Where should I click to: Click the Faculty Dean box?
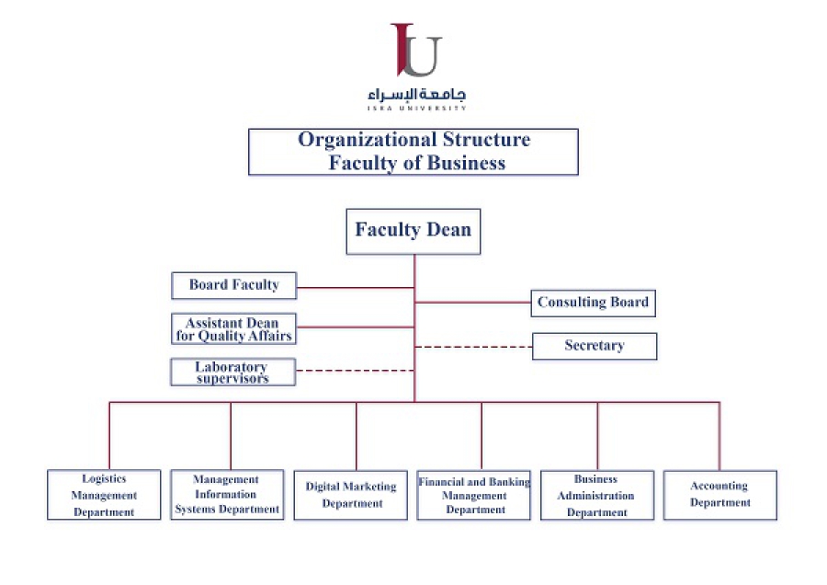413,231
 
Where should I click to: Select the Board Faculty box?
233,285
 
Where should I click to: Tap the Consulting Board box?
593,303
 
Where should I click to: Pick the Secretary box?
594,346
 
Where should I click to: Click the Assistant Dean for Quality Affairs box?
233,329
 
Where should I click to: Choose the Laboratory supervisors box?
232,373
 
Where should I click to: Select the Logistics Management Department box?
104,495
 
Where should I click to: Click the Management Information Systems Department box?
227,495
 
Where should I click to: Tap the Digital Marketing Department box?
351,495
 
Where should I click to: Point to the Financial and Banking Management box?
474,495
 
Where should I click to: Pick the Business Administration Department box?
597,495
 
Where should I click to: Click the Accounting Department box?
719,495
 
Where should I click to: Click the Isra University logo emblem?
416,51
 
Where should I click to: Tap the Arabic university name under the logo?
416,95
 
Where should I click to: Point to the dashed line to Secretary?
473,347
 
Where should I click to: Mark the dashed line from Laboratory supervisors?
355,371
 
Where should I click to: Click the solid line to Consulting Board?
472,302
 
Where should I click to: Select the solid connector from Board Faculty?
356,287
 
